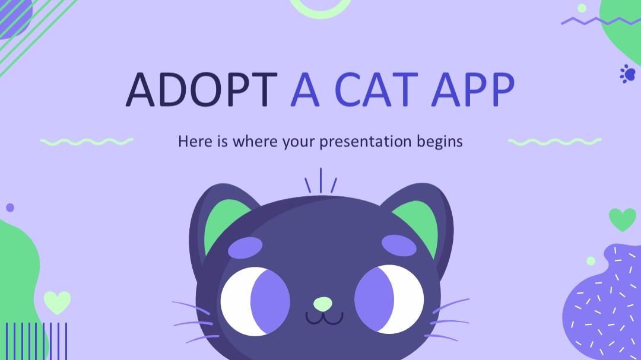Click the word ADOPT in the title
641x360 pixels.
202,90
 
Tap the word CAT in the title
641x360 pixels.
376,90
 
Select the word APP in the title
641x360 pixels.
472,90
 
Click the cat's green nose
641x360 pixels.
323,304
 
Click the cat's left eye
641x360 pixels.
255,301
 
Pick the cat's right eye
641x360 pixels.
389,300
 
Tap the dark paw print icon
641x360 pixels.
627,74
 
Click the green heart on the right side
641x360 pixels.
623,219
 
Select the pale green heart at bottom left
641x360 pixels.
57,302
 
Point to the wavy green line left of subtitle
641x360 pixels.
87,142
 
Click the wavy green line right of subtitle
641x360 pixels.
555,142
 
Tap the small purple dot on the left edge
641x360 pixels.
10,208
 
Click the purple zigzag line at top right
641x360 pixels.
601,20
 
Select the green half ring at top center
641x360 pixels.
320,14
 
